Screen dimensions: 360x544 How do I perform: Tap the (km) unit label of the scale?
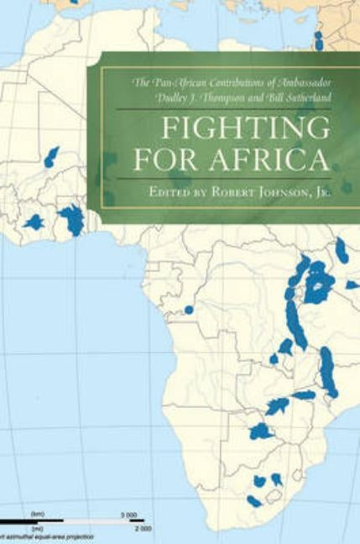37,513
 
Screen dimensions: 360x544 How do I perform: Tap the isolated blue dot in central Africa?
189,310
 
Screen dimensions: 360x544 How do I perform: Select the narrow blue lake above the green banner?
318,40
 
